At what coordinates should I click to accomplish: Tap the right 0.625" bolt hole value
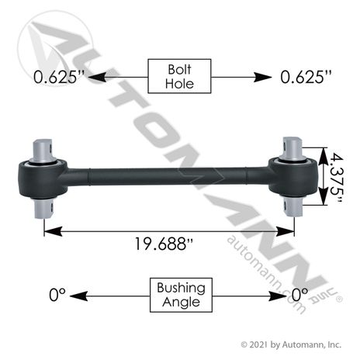pos(306,77)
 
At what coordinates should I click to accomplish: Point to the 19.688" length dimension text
pos(164,244)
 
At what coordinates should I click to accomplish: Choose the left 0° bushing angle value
pos(57,295)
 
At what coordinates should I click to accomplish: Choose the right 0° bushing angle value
pos(300,295)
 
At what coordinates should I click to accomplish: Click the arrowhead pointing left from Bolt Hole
pos(97,77)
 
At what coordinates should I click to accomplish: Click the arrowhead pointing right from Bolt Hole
pos(262,77)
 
